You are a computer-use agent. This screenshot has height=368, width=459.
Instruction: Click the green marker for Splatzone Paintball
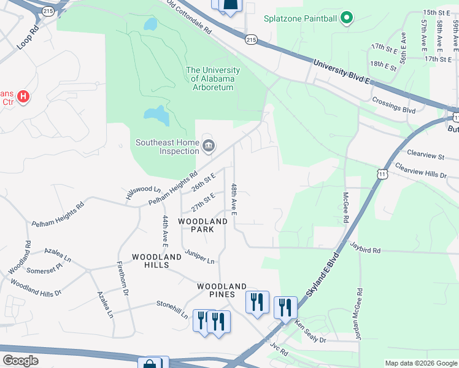coord(347,18)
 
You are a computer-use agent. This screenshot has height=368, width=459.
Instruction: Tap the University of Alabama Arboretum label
coord(213,79)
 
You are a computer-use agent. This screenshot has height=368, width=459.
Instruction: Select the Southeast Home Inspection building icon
coord(208,146)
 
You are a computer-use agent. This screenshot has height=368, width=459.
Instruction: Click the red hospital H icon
coord(23,97)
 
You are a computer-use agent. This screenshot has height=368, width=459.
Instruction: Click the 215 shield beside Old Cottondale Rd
coord(251,39)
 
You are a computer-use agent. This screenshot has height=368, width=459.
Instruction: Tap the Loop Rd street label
coord(28,37)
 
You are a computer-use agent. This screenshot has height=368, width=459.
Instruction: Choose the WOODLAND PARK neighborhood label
coord(203,225)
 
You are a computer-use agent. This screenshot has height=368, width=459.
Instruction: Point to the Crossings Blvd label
coord(393,105)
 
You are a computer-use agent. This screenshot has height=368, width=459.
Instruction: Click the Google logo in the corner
coord(21,361)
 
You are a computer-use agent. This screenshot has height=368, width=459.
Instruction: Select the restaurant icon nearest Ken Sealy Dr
coord(286,307)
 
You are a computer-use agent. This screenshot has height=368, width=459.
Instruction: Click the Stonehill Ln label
coord(172,308)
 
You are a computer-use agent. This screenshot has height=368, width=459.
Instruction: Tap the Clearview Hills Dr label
coord(422,171)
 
